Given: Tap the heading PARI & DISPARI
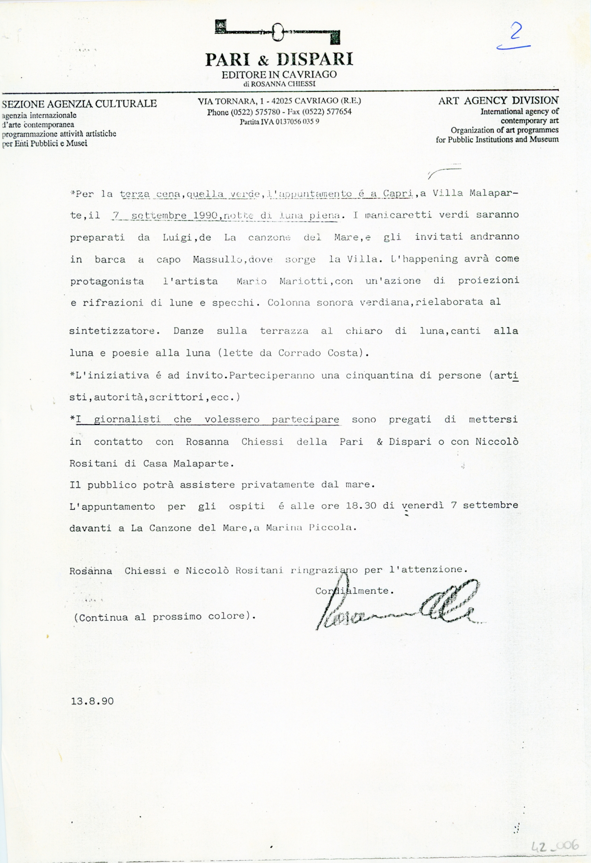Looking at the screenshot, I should [279, 59].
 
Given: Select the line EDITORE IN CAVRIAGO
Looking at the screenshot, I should [279, 75].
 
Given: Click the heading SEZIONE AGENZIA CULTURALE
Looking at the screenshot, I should [79, 104].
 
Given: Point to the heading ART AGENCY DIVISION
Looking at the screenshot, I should [498, 101].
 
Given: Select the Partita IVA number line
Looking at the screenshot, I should [279, 122].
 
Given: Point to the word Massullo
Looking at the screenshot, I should [218, 260].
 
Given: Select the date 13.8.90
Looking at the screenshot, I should [92, 701].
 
